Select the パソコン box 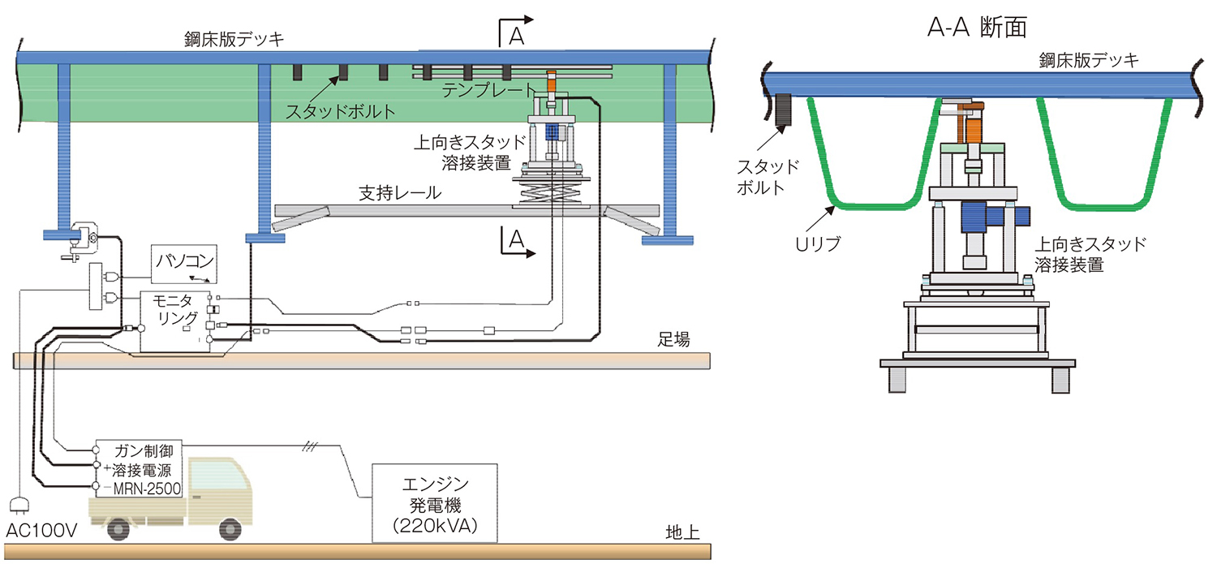[184, 262]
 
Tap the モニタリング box [176, 321]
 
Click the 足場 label [673, 340]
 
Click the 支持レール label [400, 194]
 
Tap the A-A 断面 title [977, 28]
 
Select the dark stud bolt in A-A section [785, 110]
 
